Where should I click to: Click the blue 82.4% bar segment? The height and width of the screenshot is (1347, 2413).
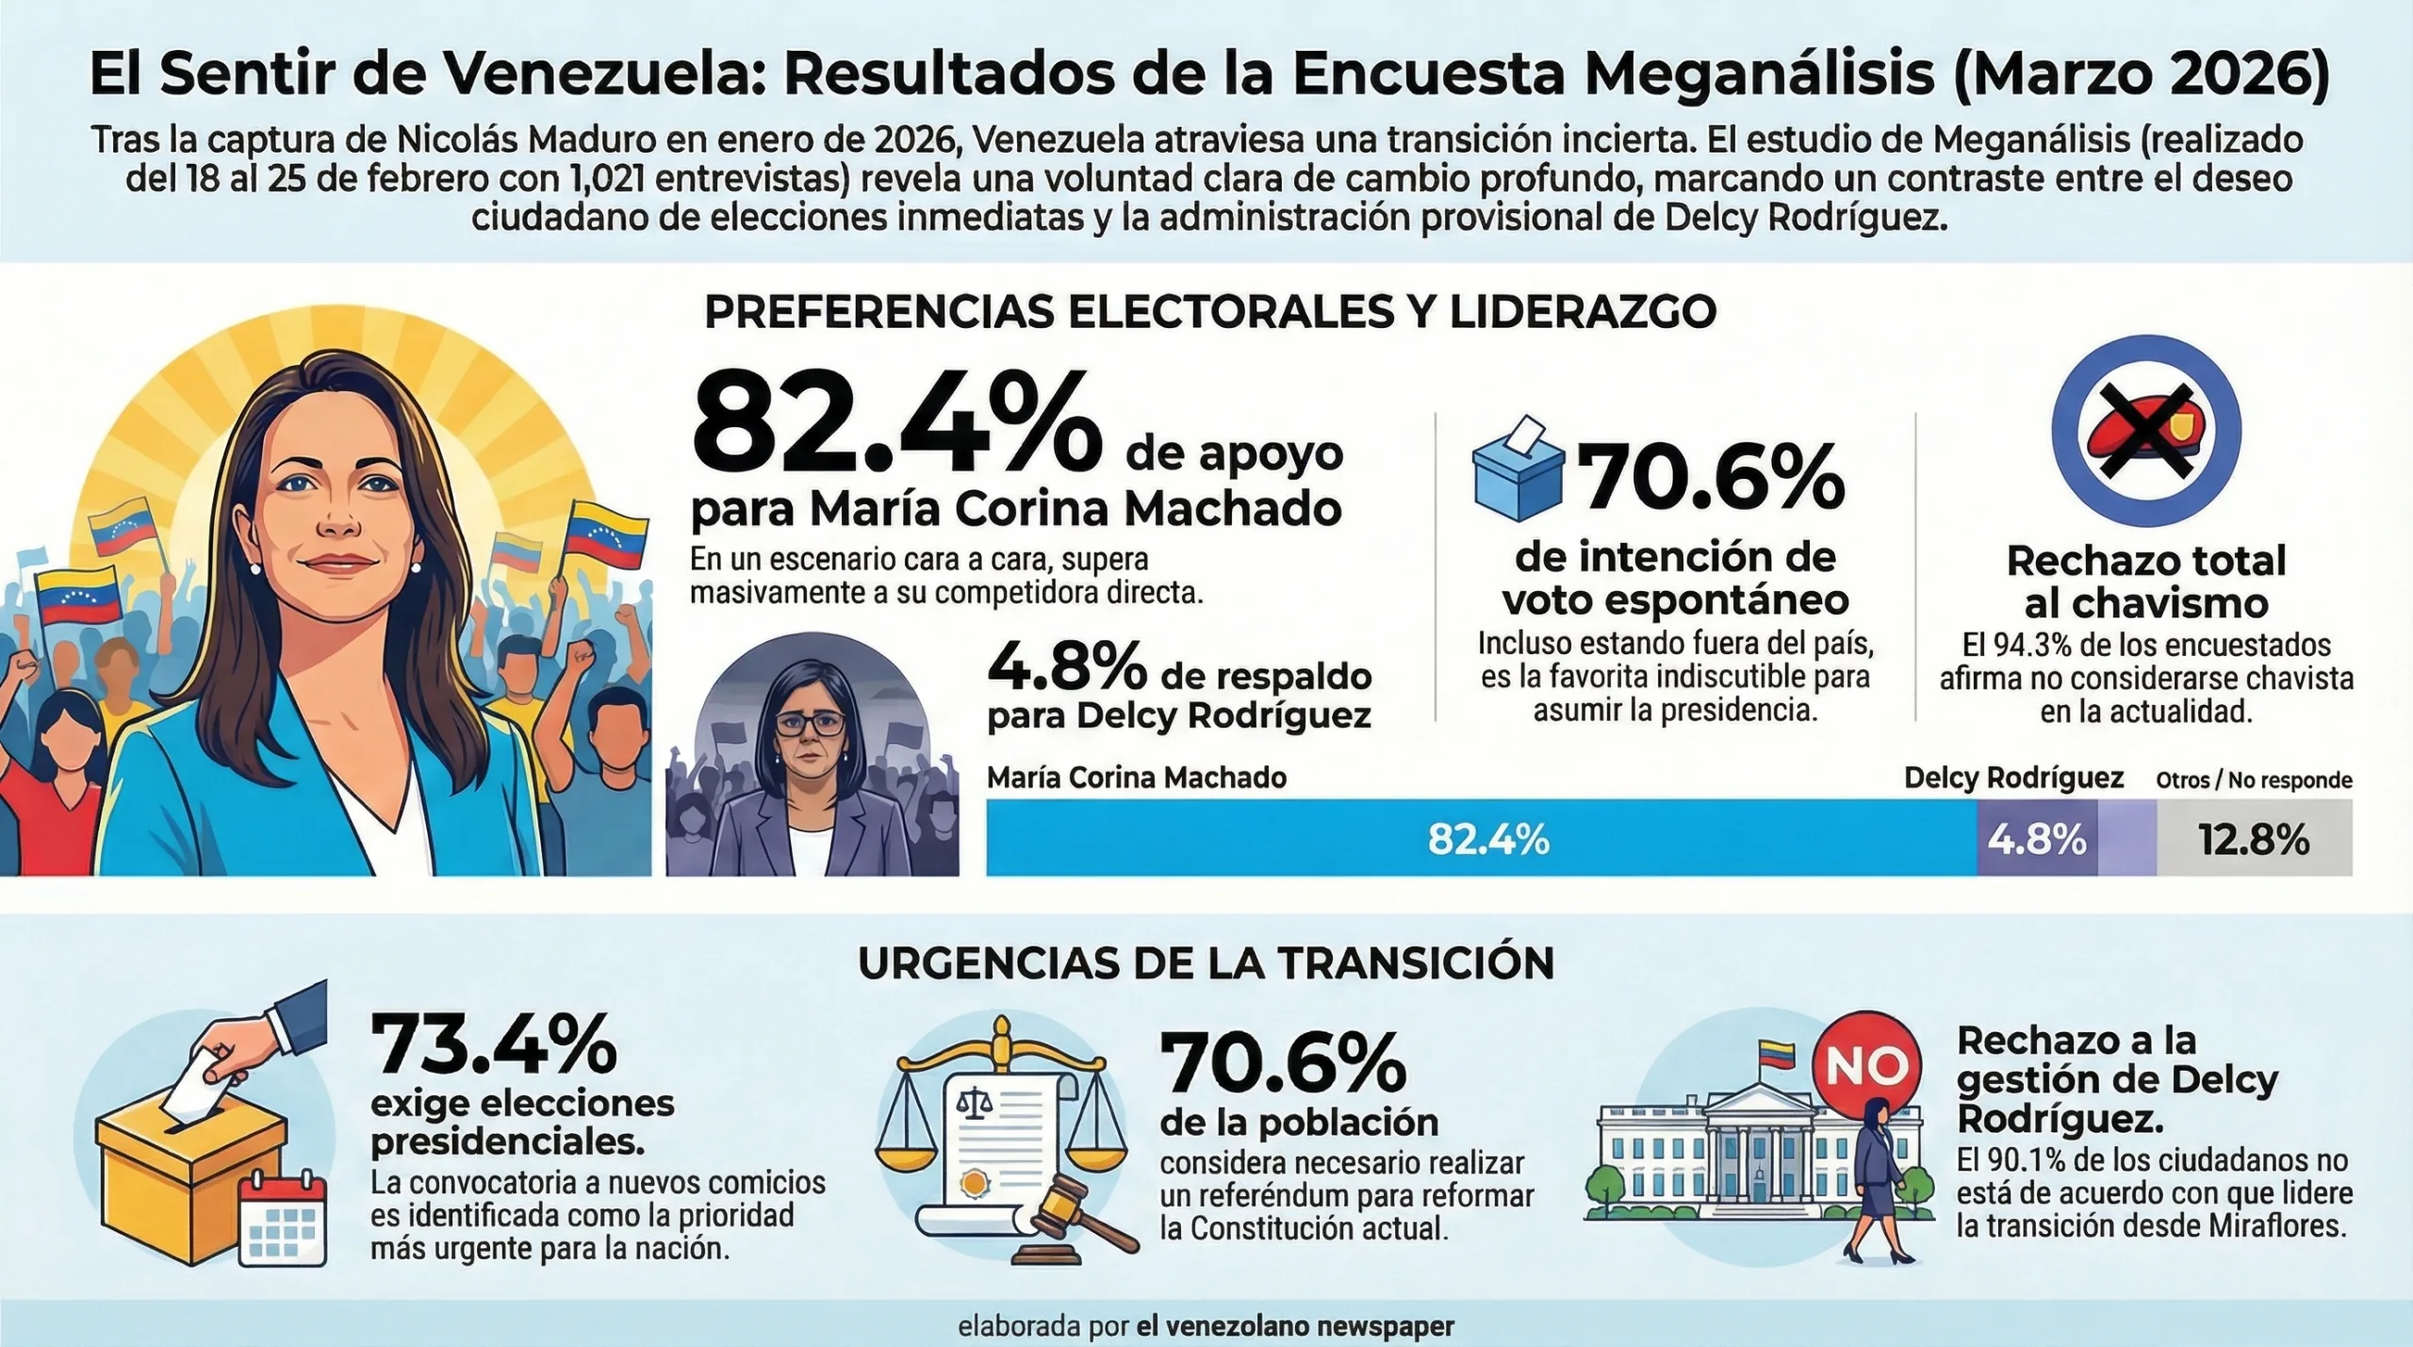1482,838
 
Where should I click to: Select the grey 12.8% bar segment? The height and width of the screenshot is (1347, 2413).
2255,838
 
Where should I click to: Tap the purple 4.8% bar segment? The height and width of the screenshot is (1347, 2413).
2037,838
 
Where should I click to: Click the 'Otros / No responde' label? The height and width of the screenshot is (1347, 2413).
2254,780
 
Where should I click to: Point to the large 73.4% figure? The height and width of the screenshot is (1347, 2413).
494,1045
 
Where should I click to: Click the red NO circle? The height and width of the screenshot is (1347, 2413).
1866,1065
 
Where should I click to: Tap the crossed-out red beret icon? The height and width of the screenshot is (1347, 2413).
2146,432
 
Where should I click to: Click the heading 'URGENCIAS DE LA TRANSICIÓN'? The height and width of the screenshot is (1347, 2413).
1206,963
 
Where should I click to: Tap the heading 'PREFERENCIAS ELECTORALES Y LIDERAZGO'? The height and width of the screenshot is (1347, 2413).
1210,313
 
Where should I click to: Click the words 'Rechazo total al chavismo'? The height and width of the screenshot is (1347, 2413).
2146,582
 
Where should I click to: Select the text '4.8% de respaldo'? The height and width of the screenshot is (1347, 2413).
1179,669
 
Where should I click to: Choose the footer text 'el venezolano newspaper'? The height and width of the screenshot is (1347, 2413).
1295,1325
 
